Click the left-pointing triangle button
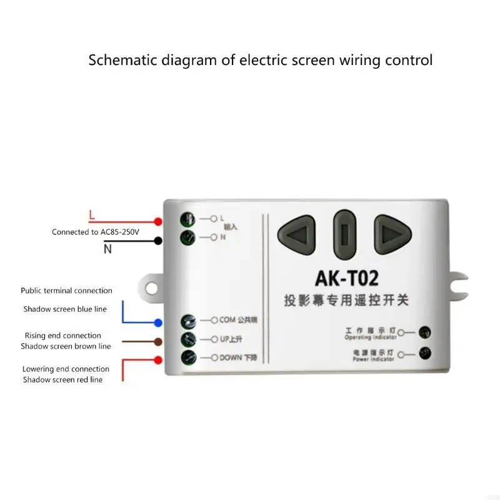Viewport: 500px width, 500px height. (297, 234)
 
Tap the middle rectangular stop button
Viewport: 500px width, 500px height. (344, 234)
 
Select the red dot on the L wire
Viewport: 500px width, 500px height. (158, 222)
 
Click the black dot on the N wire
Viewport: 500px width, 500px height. (158, 241)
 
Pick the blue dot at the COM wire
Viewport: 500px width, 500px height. (158, 323)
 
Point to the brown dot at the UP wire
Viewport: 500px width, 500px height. (158, 341)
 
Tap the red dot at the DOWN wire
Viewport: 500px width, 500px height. (158, 359)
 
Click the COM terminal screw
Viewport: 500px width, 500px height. (187, 322)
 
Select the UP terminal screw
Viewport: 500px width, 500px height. (187, 340)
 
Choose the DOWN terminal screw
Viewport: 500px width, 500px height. (187, 358)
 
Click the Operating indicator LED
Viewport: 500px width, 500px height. (425, 332)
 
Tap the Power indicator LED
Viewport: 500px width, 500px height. (425, 354)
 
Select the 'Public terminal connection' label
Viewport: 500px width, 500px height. (66, 291)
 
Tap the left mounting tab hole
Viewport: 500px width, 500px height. (152, 287)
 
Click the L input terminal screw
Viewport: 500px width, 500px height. (187, 219)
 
